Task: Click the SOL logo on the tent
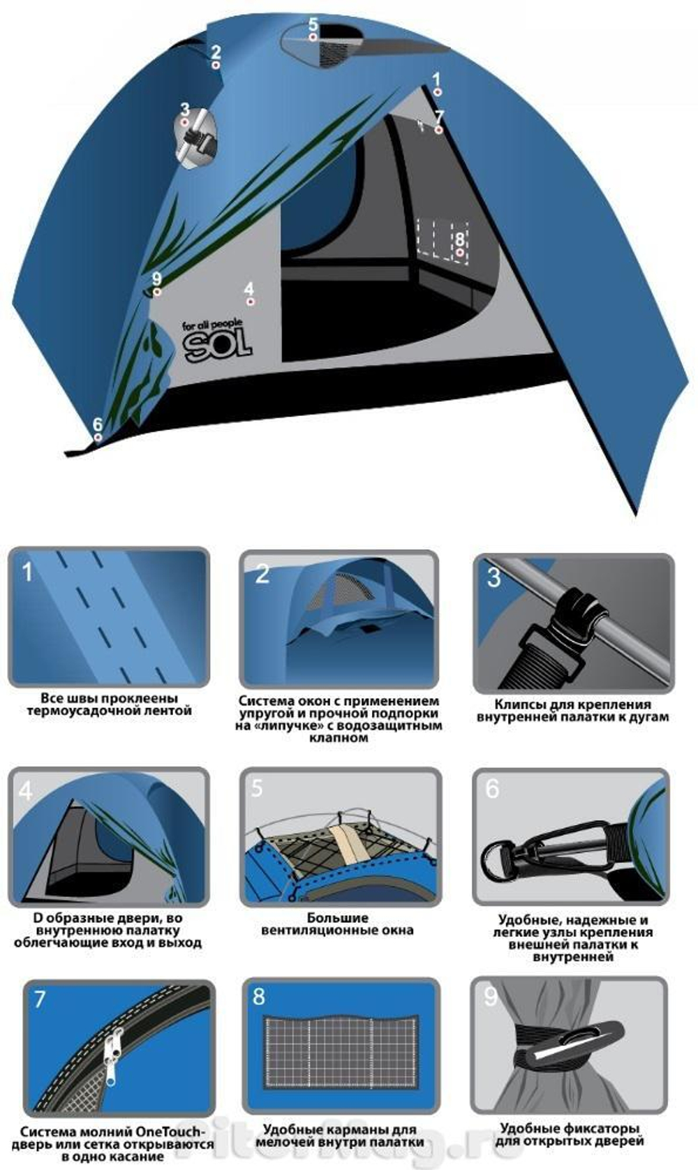click(x=217, y=341)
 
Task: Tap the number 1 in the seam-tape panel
click(x=27, y=572)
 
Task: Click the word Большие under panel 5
click(x=337, y=918)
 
